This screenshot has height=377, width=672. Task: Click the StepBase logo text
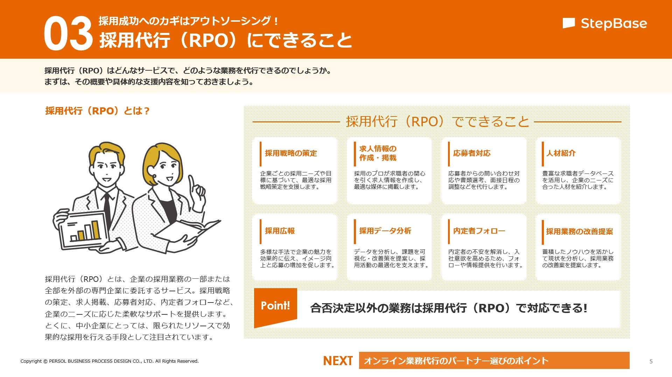click(x=614, y=23)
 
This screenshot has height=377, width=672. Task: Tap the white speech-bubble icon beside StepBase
click(x=569, y=23)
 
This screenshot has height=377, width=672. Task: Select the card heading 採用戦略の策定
click(x=291, y=153)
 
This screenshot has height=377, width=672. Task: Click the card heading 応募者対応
click(x=472, y=153)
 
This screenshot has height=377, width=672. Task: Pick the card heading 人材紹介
click(x=561, y=153)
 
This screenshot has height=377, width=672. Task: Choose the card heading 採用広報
click(x=280, y=231)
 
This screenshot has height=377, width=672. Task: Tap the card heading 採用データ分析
click(x=385, y=231)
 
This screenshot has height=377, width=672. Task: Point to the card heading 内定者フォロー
click(x=479, y=231)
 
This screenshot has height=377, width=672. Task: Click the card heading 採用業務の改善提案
click(x=580, y=232)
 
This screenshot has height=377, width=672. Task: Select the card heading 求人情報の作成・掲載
click(x=378, y=153)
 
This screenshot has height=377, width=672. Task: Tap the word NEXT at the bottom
click(x=338, y=361)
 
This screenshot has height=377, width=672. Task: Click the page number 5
click(x=651, y=362)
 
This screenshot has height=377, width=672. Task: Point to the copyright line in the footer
click(x=110, y=361)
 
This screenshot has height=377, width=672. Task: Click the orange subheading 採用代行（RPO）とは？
click(x=97, y=111)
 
